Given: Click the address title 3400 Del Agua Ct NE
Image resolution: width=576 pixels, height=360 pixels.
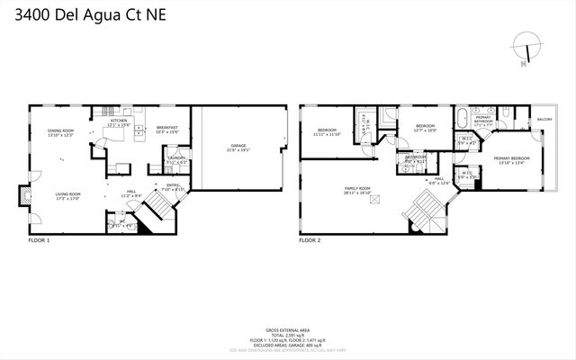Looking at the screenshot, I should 83,15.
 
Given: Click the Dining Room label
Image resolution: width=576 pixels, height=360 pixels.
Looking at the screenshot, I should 60,133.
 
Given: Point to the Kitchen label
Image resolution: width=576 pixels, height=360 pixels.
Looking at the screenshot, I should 120,122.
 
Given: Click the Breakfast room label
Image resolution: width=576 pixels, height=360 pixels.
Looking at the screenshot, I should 167,130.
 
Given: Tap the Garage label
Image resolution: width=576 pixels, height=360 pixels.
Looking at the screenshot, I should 238,147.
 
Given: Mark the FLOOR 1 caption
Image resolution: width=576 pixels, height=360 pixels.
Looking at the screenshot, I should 39,241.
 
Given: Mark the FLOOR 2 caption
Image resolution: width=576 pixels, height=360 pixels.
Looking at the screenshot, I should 310,241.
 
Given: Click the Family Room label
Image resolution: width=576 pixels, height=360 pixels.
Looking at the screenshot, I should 357,190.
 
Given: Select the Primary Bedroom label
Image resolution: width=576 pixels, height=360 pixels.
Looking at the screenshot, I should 511,160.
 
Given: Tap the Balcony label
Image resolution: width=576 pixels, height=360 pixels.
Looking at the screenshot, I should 544,120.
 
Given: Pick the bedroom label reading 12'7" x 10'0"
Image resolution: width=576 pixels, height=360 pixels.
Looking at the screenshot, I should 424,127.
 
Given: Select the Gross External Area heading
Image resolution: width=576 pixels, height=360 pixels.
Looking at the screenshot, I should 288,330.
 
